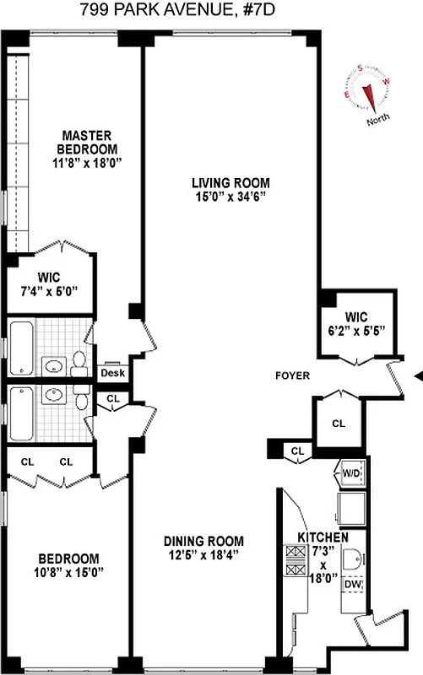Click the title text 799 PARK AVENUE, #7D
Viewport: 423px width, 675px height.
211,11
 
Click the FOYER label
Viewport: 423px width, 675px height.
293,375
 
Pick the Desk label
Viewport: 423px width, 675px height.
112,373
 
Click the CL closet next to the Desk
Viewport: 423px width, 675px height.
112,399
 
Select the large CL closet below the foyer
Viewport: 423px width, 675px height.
338,423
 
